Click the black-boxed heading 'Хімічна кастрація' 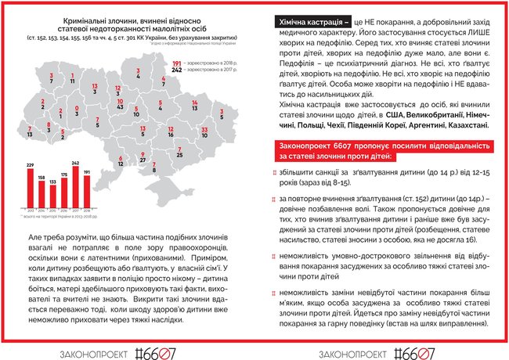[x=309, y=23]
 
